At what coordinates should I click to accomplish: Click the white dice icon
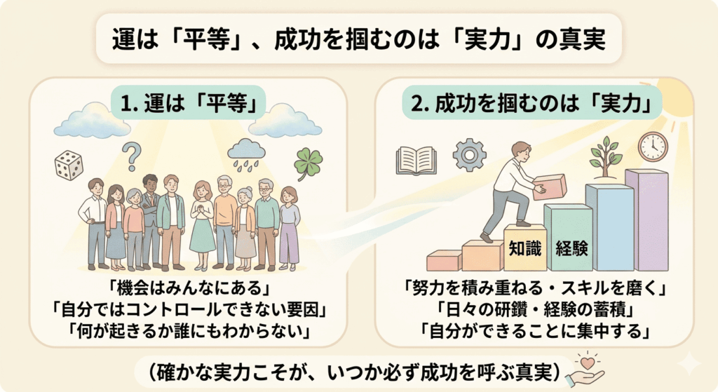click(x=69, y=165)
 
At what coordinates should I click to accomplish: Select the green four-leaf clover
click(x=309, y=163)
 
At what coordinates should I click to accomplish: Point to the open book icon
click(x=416, y=160)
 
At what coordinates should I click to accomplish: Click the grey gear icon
click(x=469, y=154)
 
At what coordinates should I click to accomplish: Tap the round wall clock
click(x=652, y=147)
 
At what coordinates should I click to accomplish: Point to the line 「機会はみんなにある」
click(x=187, y=288)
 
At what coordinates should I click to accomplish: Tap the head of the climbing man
click(x=521, y=149)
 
